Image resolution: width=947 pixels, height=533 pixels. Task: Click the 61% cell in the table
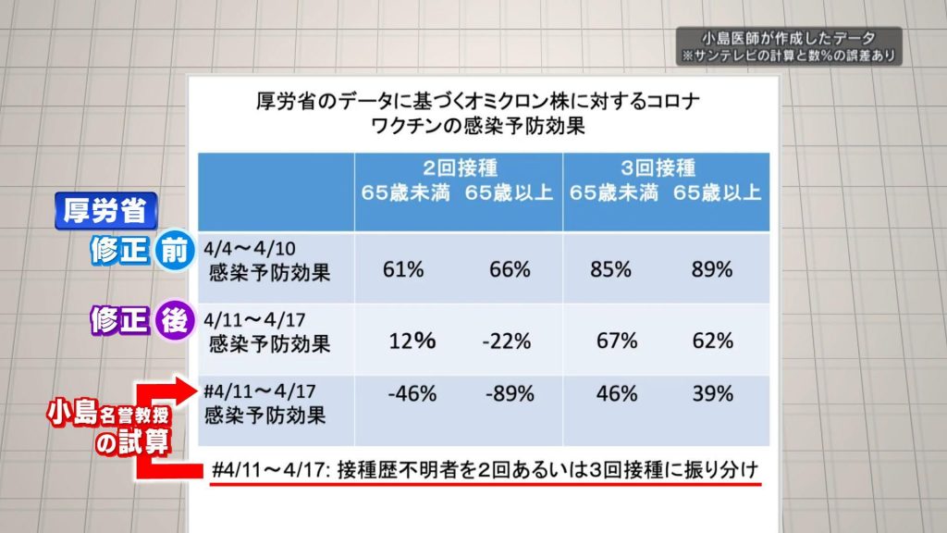(403, 270)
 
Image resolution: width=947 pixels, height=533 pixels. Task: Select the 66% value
(510, 270)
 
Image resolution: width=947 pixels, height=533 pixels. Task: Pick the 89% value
(712, 270)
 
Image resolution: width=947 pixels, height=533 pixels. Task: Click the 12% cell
(412, 341)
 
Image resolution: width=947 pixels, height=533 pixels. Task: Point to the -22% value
(507, 341)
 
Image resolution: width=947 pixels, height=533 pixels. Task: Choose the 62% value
(712, 341)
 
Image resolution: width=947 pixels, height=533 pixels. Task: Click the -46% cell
(412, 393)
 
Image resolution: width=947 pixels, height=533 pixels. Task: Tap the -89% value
(509, 393)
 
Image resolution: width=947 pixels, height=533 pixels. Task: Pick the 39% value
(712, 393)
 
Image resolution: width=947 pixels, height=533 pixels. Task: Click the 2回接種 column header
(460, 168)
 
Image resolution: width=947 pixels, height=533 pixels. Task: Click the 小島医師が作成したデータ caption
(787, 39)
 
